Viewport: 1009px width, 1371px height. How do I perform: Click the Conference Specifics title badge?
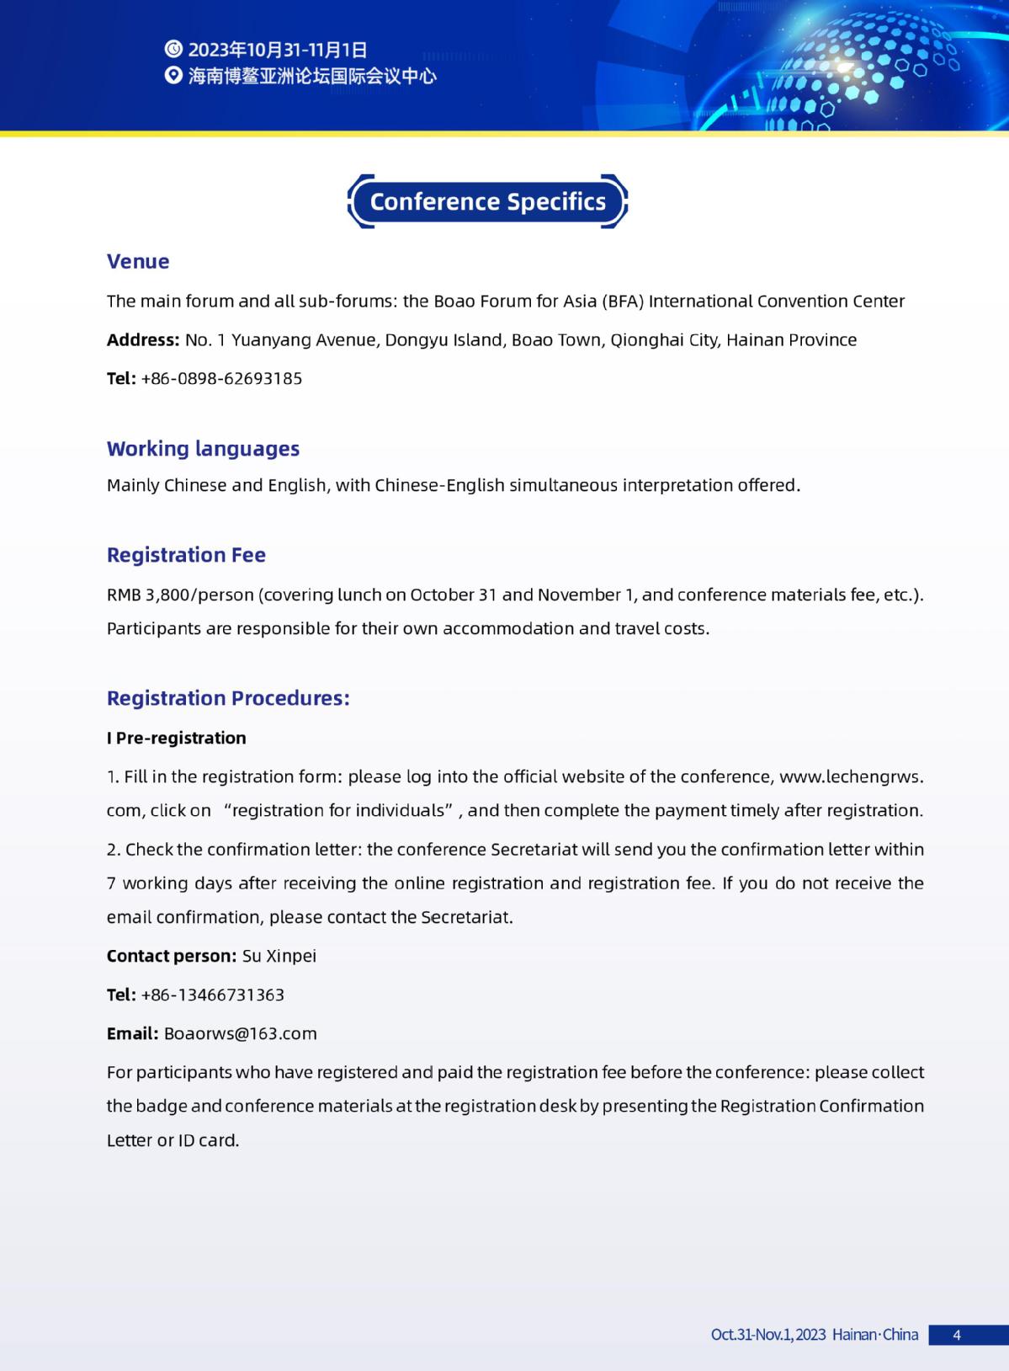pos(487,202)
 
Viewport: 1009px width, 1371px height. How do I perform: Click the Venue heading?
pos(138,261)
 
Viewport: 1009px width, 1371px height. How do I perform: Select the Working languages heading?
pos(203,448)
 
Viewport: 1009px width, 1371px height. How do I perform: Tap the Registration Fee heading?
pos(186,555)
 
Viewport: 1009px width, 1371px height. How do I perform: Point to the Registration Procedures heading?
pos(228,698)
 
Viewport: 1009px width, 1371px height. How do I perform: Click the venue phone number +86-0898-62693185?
pos(221,378)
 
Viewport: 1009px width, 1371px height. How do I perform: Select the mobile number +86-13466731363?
pos(212,995)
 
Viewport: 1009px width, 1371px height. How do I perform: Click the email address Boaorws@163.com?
pos(240,1033)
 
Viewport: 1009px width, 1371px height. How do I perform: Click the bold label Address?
pos(143,340)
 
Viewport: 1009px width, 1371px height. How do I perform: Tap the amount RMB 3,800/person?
pos(179,595)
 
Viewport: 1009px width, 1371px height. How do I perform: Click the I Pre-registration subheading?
pos(177,738)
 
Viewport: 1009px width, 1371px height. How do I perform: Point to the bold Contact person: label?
pos(172,956)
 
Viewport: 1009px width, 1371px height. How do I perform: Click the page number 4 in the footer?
pos(957,1335)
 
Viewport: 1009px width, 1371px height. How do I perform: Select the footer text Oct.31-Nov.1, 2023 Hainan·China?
pos(814,1335)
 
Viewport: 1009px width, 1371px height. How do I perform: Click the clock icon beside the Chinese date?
pos(173,49)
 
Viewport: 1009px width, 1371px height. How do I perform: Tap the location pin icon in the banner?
pos(173,76)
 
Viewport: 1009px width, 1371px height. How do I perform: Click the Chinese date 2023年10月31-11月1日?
pos(278,49)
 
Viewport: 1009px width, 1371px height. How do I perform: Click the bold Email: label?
pos(132,1033)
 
